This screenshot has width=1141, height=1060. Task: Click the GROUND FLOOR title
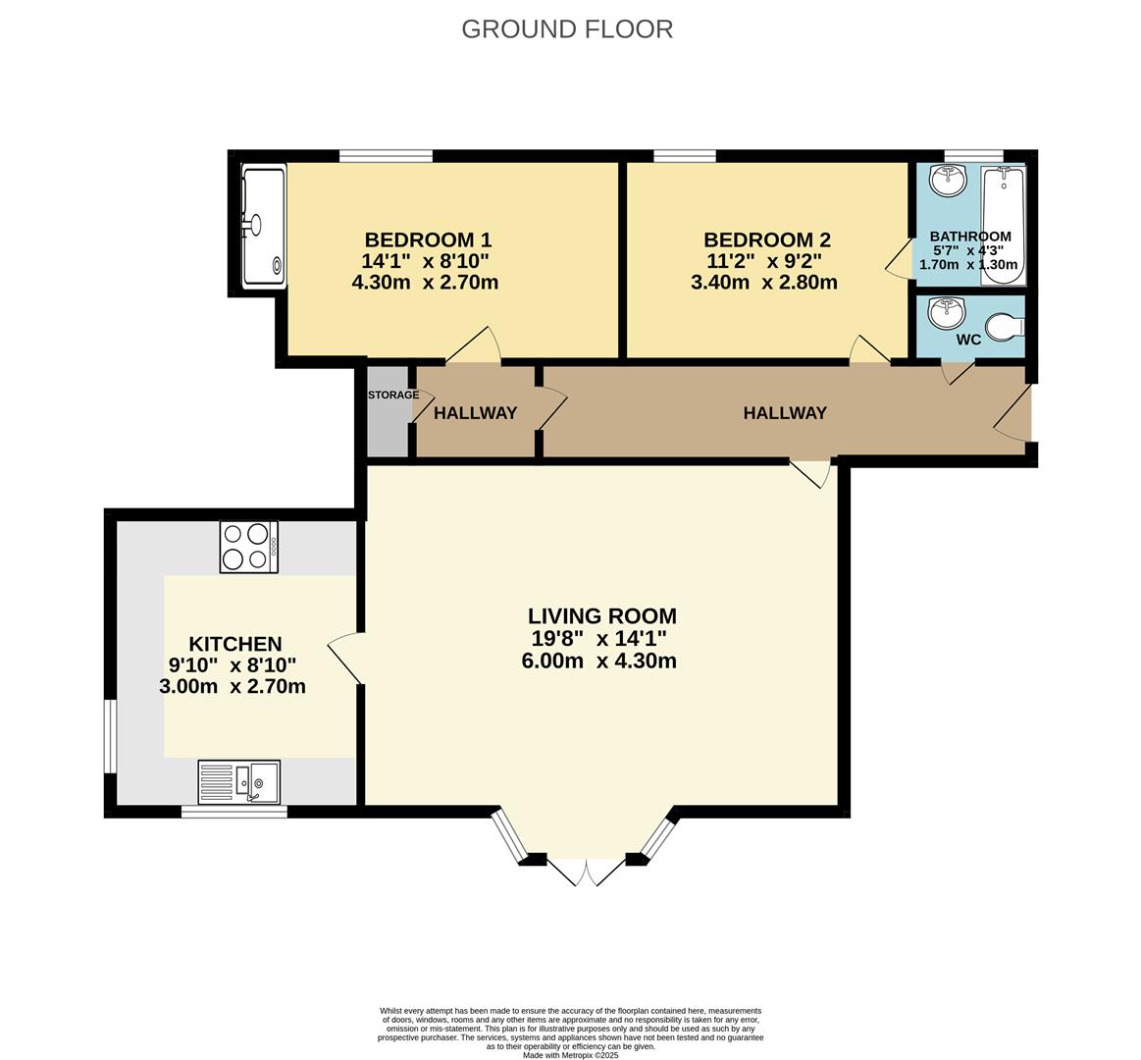pos(567,29)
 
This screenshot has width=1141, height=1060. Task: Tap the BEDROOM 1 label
pos(428,239)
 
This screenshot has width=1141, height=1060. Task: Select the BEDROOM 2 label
pos(767,239)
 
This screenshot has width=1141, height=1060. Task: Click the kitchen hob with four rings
pos(249,547)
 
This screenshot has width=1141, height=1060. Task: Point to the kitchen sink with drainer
pos(238,782)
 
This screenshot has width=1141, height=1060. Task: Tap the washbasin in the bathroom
pos(948,181)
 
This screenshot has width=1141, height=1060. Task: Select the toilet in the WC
pos(1009,326)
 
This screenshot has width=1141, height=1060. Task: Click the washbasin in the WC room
pos(946,313)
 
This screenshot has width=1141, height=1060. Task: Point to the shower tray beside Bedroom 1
pos(264,226)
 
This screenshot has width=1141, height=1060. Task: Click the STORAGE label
pos(393,395)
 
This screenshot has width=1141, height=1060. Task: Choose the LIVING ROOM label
pos(601,616)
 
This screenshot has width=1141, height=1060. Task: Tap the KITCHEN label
pos(235,644)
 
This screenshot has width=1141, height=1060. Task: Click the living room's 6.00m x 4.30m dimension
pos(598,662)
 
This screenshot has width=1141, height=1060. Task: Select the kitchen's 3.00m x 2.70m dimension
pos(233,686)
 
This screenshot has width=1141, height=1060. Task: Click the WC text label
pos(968,340)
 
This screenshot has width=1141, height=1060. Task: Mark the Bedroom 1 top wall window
pos(386,156)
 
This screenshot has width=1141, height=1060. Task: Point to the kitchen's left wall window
pos(110,737)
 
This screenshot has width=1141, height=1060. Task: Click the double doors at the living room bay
pos(586,870)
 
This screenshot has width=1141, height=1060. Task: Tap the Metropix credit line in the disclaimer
pos(571,1054)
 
